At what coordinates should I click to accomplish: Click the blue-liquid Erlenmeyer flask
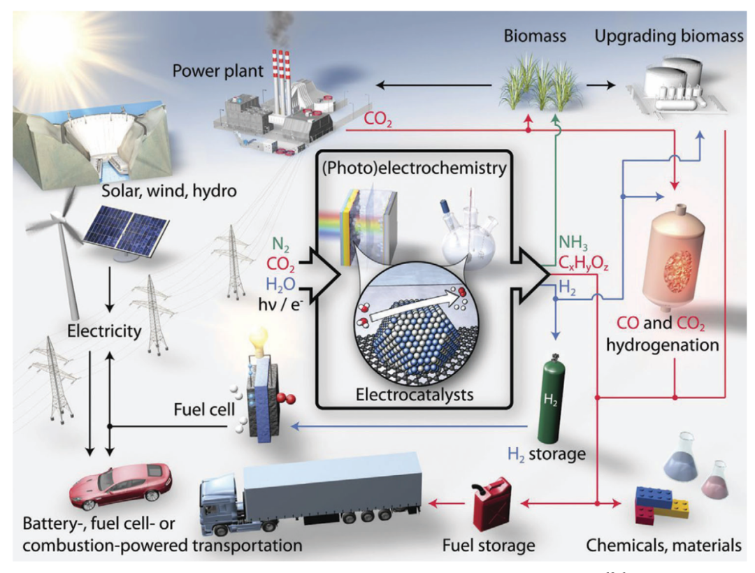pyautogui.click(x=674, y=458)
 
